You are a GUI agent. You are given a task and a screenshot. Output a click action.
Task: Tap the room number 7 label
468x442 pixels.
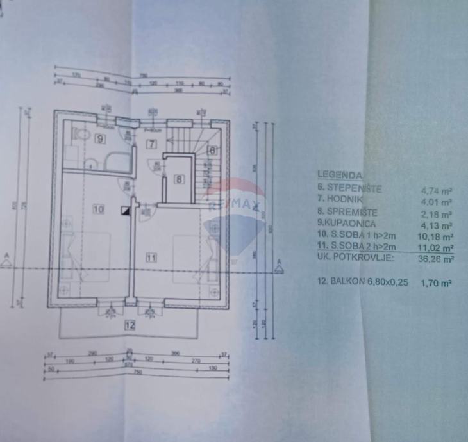tap(152, 143)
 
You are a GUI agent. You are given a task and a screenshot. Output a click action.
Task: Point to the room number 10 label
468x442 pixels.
tap(98, 208)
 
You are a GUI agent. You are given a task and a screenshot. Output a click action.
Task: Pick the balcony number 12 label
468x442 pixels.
tap(130, 325)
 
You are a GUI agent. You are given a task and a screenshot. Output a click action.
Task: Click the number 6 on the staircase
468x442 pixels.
tap(212, 151)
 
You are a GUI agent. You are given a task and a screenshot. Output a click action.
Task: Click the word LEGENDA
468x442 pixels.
tap(340, 174)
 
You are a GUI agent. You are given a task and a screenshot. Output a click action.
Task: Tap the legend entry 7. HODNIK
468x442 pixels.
tap(344, 201)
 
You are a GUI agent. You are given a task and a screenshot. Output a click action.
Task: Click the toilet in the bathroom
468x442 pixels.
tap(81, 134)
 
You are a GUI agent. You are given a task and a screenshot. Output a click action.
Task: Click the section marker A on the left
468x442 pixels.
tap(6, 259)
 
